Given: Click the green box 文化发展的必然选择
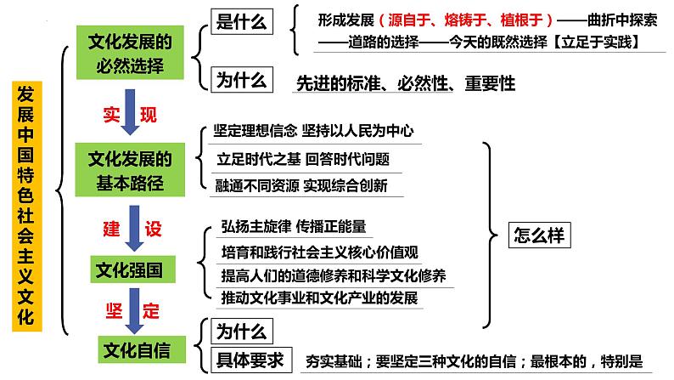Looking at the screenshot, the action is [131, 53].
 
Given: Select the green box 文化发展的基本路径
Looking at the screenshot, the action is [131, 170].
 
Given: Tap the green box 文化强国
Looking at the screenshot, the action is [127, 270].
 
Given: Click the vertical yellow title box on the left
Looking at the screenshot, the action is [27, 204].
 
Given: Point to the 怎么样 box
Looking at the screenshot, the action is [538, 235].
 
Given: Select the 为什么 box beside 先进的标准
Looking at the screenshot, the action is [242, 81].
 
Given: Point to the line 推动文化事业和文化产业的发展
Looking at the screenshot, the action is [319, 298].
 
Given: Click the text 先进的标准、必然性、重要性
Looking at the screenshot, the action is [405, 83].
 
